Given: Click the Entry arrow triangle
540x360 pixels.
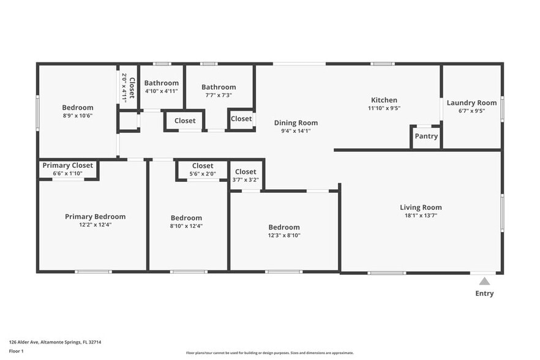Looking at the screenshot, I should coord(484,282).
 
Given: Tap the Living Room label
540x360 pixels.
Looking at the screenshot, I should coord(421,207).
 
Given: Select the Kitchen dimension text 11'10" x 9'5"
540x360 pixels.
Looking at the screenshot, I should coord(384,108).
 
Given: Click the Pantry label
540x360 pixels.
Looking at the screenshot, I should coord(426,137).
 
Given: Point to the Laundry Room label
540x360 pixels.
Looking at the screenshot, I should coord(471,103).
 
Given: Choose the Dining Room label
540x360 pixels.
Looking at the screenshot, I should coord(296,122).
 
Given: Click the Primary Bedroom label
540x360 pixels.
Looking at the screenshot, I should coord(95,216).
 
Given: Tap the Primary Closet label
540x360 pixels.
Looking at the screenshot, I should coord(67,165).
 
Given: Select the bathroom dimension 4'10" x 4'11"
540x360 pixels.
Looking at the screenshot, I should coord(161,91).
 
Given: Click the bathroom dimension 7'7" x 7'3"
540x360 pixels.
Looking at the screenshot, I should coord(219,95).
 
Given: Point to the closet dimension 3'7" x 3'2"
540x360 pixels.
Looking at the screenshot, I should coord(246,180).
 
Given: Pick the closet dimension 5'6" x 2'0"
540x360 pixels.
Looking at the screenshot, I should coord(203,174).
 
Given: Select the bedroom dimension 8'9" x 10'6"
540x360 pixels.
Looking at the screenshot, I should coord(78,116).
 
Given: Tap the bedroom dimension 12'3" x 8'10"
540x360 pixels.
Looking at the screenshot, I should coord(283,235).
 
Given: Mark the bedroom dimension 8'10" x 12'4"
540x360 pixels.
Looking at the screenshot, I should coord(186,226).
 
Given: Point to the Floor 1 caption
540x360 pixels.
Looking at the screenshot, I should coord(16,351).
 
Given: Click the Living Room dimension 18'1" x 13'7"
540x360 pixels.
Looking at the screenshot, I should coord(421,215).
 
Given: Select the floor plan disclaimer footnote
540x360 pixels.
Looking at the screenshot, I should coord(269,353).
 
